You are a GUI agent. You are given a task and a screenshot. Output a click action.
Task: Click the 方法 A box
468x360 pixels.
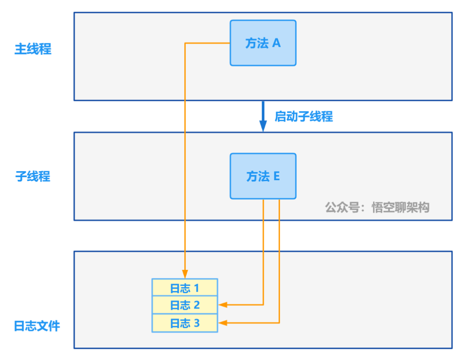(263, 43)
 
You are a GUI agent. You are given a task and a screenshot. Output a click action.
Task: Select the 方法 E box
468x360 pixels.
(263, 176)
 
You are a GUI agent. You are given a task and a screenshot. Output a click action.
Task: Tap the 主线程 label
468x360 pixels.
(33, 49)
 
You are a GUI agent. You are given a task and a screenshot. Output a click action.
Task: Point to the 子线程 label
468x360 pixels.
(33, 176)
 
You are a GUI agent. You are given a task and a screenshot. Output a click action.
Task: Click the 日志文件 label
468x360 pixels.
(37, 326)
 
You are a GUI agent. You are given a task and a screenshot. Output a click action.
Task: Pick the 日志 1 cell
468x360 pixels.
(185, 288)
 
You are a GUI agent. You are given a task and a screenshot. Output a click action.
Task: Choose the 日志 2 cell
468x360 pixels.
(185, 305)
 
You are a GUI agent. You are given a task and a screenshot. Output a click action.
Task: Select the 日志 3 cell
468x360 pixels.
(185, 323)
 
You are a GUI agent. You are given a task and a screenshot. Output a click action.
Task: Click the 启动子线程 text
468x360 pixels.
(304, 116)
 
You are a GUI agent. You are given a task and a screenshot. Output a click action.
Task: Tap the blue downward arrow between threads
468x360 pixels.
(263, 116)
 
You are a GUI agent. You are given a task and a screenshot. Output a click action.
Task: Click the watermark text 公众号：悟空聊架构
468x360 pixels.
(377, 208)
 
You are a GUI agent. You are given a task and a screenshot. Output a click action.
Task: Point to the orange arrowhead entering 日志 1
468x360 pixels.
(185, 274)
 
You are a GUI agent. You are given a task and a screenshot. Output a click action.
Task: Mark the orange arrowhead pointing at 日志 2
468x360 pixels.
(223, 305)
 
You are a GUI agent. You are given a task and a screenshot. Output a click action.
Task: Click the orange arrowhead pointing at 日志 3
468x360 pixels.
(223, 323)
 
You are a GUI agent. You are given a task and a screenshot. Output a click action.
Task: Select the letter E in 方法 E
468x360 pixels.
(276, 176)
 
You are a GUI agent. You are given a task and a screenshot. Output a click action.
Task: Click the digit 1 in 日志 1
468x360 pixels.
(196, 288)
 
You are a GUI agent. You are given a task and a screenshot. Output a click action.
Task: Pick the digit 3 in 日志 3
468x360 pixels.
(196, 323)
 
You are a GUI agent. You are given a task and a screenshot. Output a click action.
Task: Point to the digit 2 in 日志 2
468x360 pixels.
(196, 305)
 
